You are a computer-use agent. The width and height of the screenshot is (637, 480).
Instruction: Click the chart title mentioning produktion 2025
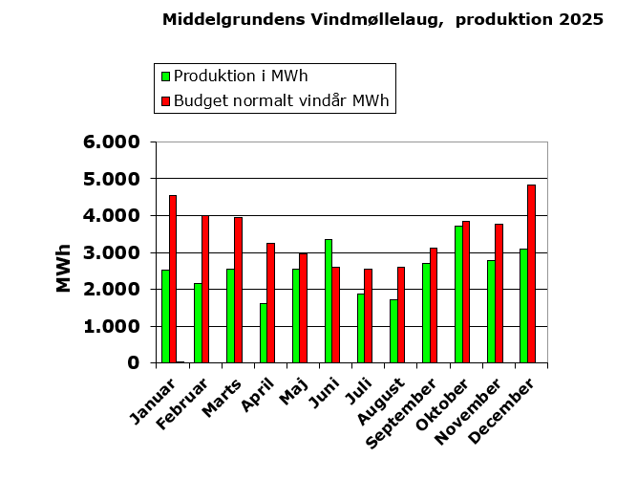coord(382,19)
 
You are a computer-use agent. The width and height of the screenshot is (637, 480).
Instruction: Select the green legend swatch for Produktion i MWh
coord(165,76)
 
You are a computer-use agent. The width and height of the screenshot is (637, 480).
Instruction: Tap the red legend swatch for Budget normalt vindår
coord(165,100)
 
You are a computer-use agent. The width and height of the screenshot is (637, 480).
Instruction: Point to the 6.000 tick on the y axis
coord(113,142)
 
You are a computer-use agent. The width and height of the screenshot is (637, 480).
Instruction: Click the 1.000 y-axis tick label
coord(113,326)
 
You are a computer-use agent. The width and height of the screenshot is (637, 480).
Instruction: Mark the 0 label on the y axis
coord(134,363)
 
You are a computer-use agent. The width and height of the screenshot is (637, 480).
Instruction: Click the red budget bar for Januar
coord(173,279)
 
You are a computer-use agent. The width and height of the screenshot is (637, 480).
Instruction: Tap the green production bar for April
coord(264,333)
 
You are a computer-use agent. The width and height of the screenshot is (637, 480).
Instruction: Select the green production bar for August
coord(393,331)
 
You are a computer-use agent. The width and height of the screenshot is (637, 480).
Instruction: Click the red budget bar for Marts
coord(238,290)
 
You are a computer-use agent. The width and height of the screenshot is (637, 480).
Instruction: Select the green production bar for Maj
coord(296,316)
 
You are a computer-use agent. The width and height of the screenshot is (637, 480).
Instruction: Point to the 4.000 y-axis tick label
coord(113,216)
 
